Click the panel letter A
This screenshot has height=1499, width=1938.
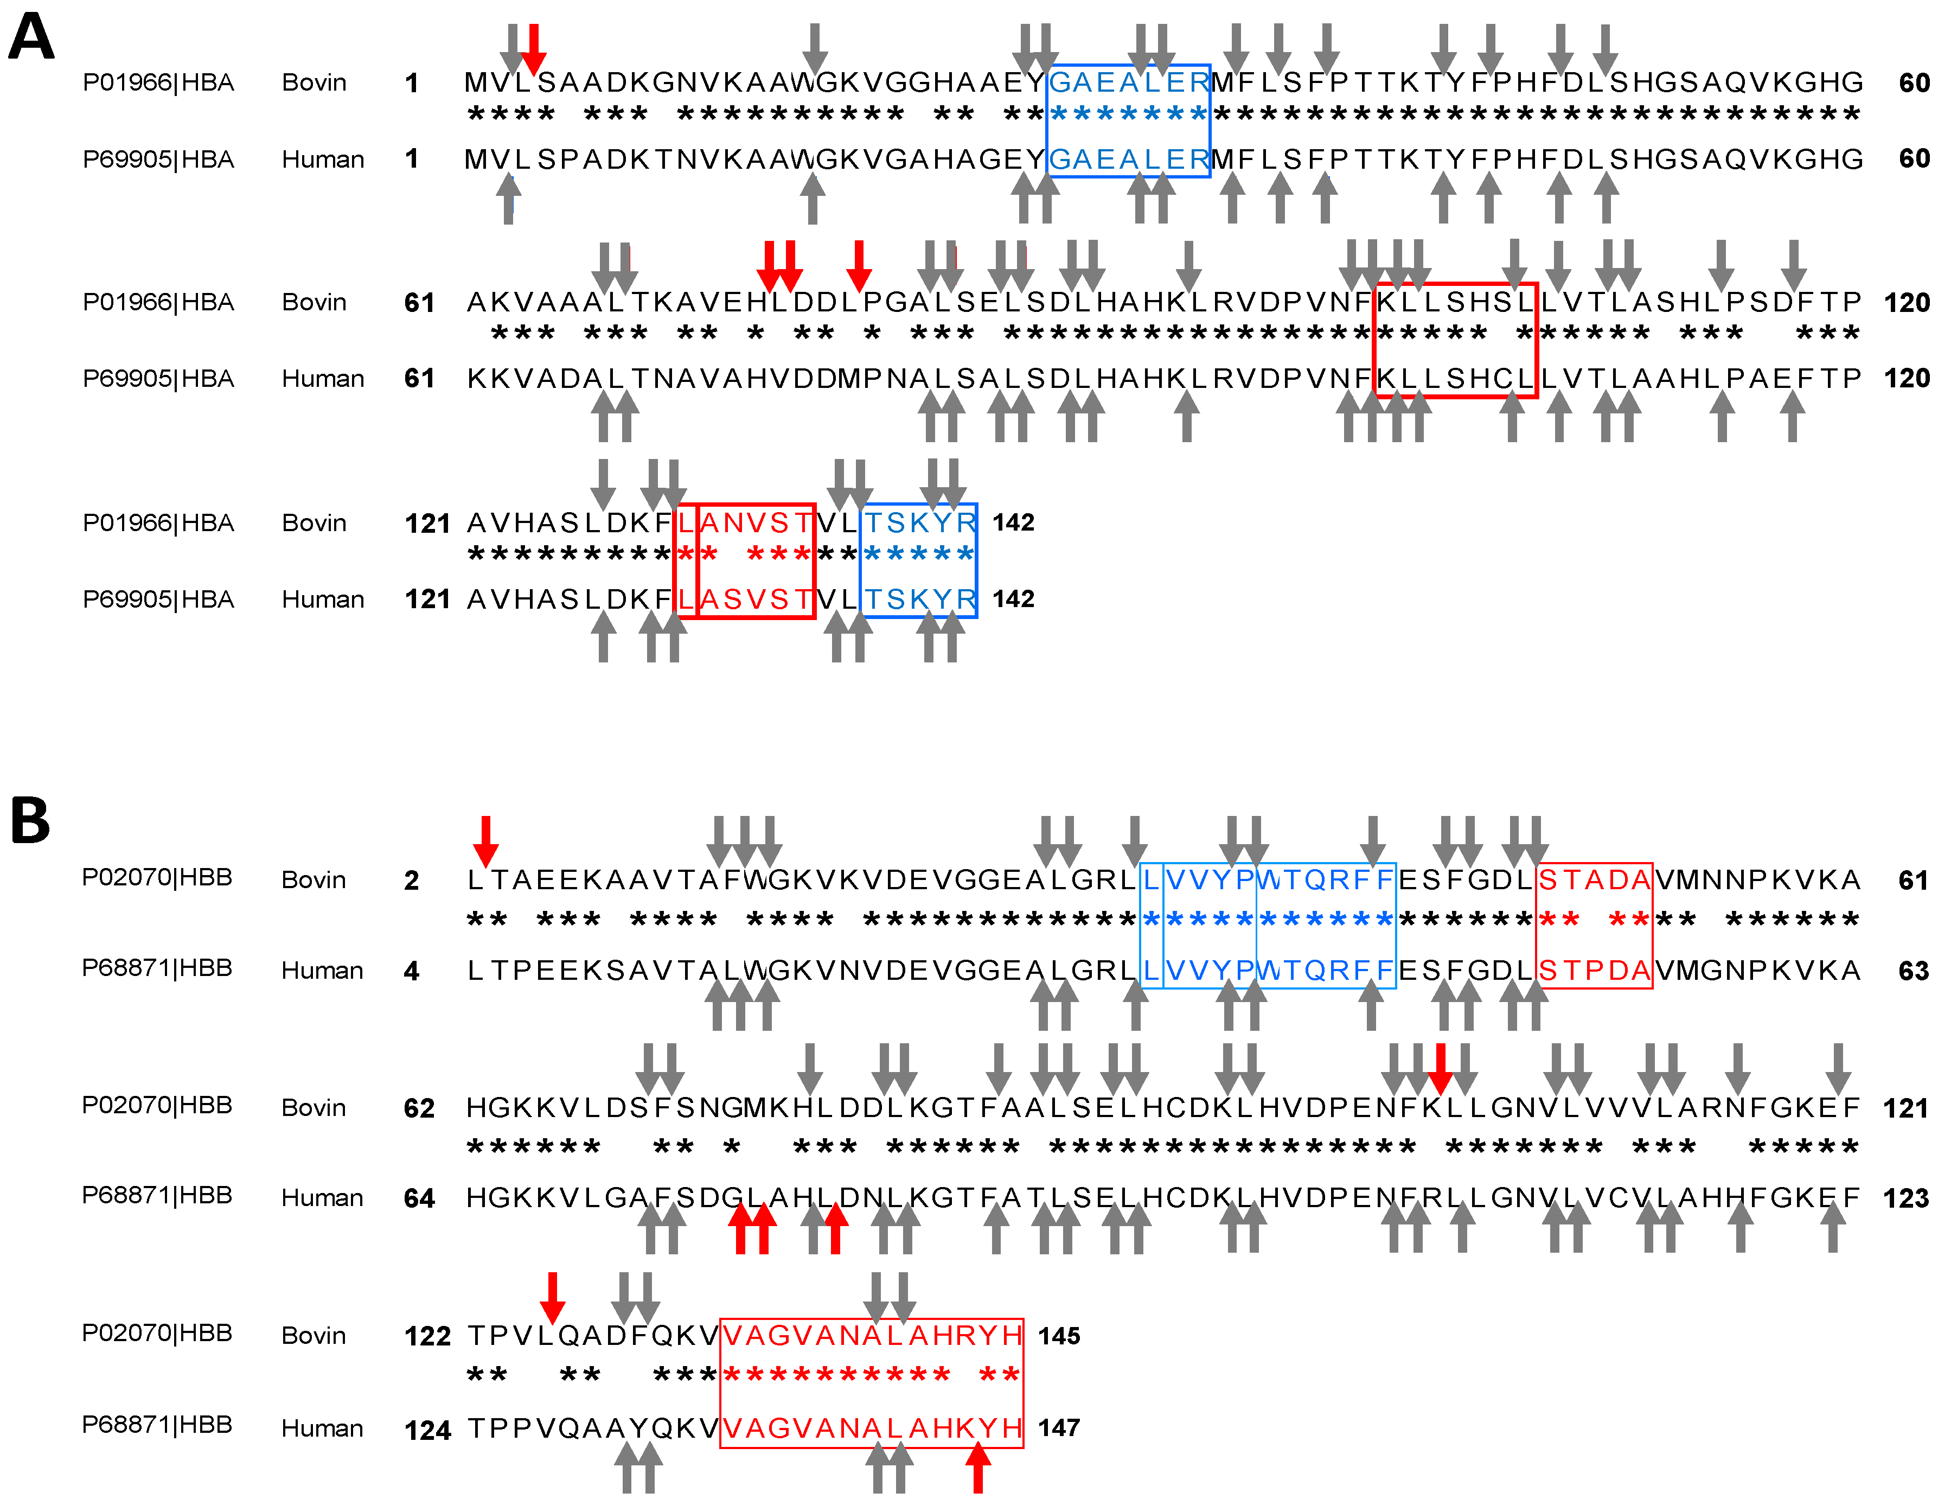click(31, 37)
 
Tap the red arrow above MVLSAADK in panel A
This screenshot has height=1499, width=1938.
click(533, 49)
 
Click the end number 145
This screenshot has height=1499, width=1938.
click(1059, 1336)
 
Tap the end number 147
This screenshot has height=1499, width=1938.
click(1059, 1427)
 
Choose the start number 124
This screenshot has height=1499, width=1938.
click(428, 1430)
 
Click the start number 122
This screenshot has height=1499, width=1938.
click(428, 1336)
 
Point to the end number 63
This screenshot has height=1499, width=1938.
click(1913, 971)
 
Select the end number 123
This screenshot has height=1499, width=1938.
click(1905, 1198)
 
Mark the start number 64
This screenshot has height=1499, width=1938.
click(419, 1198)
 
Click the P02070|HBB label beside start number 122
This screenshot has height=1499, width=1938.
click(157, 1333)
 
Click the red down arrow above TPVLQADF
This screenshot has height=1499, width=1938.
click(552, 1298)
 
